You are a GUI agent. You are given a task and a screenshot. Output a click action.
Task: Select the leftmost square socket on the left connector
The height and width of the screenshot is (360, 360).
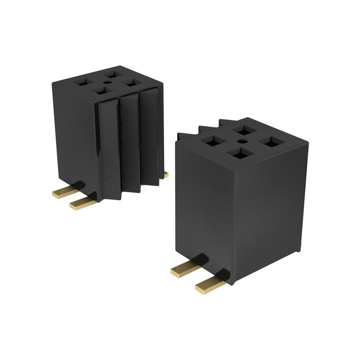(x=85, y=83)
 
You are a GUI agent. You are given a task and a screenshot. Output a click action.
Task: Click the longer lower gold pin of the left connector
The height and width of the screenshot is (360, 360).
(x=84, y=203)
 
